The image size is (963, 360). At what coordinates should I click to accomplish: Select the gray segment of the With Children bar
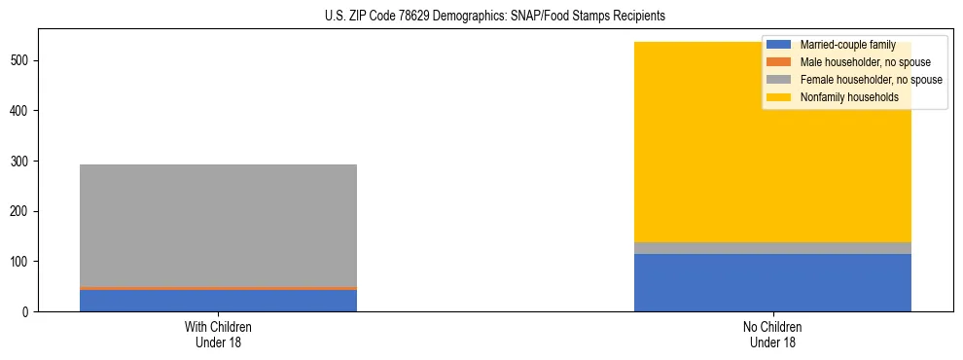[218, 225]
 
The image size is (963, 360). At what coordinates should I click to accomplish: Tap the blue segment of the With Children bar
[218, 301]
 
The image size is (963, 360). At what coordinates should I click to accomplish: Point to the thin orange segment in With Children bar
[218, 288]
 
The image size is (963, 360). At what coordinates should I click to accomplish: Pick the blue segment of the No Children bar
[772, 283]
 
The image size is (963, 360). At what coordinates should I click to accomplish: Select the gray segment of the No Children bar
[772, 248]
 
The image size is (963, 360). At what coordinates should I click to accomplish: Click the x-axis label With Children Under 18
[218, 335]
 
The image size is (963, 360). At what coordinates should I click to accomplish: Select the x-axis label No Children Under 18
[772, 335]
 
